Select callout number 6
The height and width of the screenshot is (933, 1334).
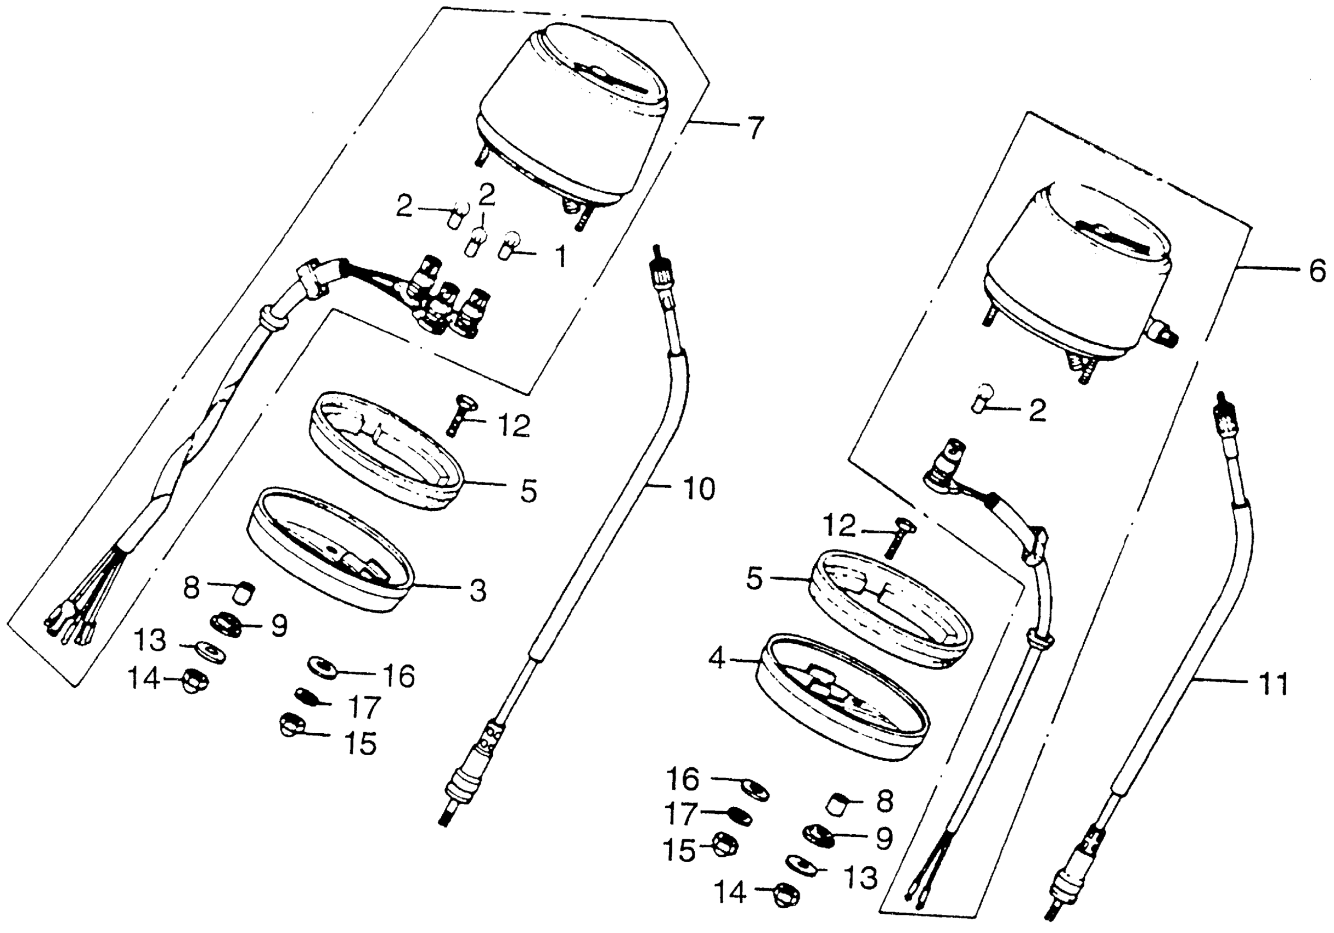click(1317, 271)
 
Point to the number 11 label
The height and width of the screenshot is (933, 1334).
click(1272, 684)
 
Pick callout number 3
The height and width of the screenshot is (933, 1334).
click(477, 591)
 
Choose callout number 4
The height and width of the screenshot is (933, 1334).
click(718, 659)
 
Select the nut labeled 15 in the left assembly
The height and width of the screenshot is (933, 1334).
click(289, 726)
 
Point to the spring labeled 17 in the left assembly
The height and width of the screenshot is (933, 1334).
click(306, 695)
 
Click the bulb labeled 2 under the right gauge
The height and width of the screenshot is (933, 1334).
click(982, 398)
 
